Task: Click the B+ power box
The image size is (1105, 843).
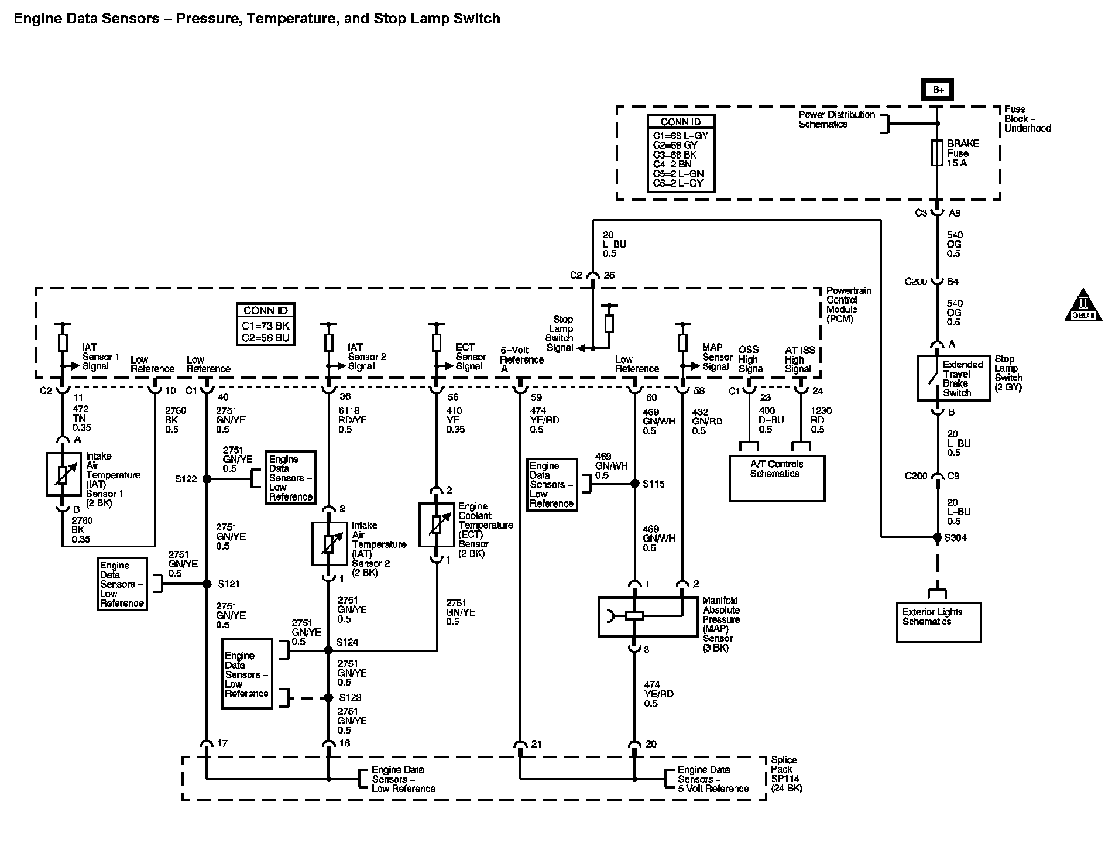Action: (938, 90)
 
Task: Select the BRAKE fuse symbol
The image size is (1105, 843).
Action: (937, 153)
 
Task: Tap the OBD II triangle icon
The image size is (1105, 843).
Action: (1083, 305)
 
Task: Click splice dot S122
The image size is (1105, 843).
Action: (207, 479)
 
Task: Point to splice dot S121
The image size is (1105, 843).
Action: (207, 584)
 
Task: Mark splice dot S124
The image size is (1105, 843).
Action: (328, 650)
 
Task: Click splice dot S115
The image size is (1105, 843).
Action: (634, 484)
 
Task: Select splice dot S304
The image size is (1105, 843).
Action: (938, 537)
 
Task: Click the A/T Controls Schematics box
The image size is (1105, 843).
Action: (777, 478)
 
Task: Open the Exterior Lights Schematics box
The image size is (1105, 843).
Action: (938, 622)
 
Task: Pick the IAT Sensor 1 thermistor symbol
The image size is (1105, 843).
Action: (63, 474)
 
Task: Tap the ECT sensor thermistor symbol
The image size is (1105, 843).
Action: (437, 525)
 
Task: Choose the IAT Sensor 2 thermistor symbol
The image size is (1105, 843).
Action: (330, 544)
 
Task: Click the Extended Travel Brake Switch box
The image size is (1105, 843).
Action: (953, 378)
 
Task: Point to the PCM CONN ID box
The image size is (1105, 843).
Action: (265, 324)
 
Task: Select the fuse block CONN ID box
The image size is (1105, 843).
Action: (681, 153)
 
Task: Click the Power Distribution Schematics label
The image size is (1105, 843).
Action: (836, 119)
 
